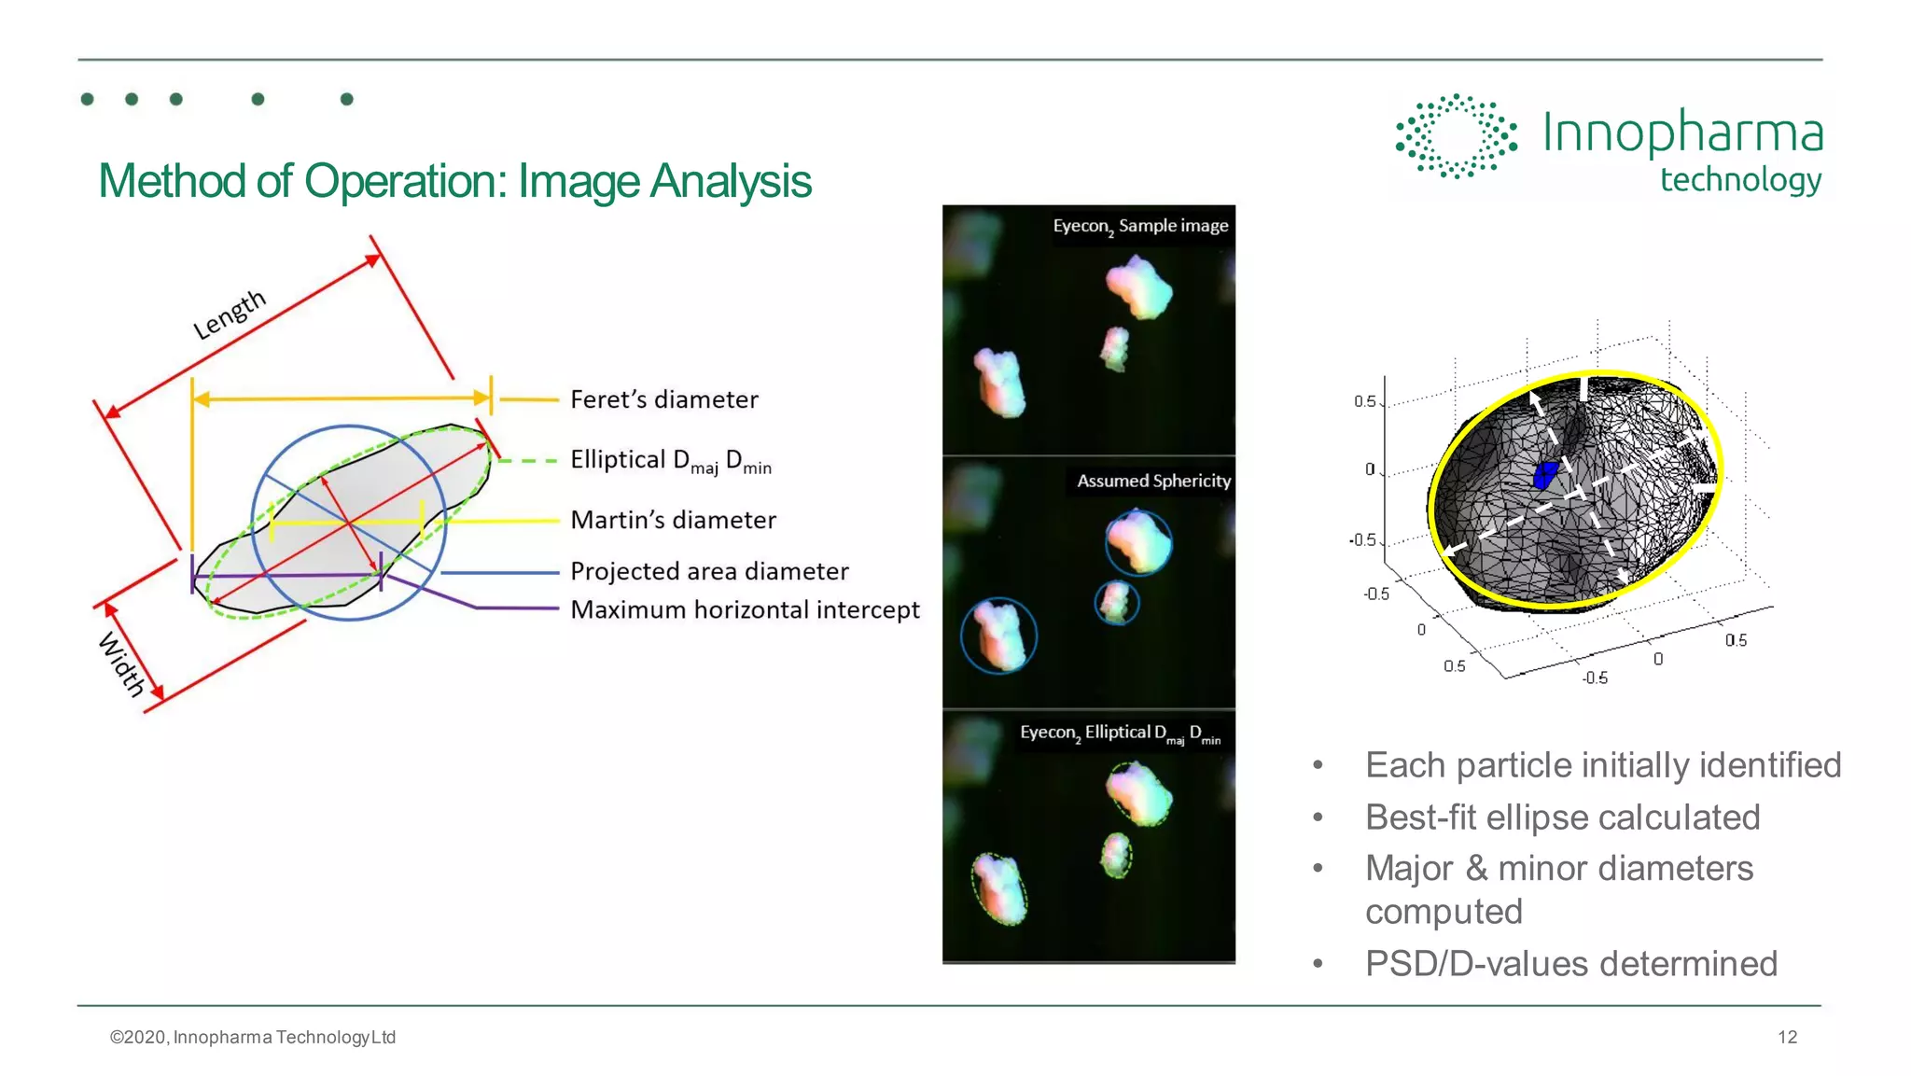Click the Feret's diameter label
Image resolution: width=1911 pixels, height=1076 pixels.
click(663, 400)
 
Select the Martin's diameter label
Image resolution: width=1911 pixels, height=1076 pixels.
click(673, 521)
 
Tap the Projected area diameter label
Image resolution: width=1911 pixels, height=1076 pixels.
click(709, 571)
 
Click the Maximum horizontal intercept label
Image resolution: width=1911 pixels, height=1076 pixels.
click(745, 610)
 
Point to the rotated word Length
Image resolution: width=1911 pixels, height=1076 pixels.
click(230, 314)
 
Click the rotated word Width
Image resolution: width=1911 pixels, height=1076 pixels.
click(122, 664)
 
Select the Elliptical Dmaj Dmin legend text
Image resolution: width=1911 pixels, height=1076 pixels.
click(670, 461)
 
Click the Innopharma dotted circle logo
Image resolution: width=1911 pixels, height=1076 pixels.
click(1455, 136)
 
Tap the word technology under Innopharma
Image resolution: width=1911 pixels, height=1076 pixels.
click(1740, 179)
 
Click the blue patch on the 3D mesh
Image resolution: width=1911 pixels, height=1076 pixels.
click(1545, 475)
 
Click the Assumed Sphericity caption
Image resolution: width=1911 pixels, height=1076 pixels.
click(1153, 482)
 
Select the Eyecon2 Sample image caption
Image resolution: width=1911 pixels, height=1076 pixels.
click(1140, 227)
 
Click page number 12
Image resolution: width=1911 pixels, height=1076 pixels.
click(1787, 1038)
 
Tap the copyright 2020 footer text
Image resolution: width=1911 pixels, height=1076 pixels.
click(253, 1038)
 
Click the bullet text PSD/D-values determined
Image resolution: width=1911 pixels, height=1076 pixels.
click(1570, 964)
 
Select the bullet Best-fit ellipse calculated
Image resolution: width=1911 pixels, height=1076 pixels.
click(1562, 817)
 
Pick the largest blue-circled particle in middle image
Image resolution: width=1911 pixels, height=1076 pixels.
click(999, 636)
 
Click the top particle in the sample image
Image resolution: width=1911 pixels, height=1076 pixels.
click(1137, 287)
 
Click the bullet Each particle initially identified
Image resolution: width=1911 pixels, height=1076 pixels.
click(1602, 765)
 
